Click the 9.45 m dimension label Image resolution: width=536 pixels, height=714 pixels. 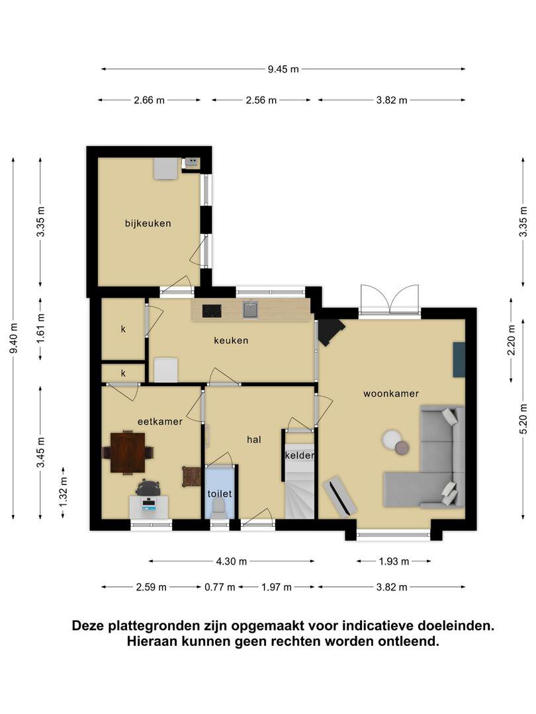pyautogui.click(x=283, y=69)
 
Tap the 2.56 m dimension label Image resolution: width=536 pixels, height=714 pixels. pyautogui.click(x=261, y=100)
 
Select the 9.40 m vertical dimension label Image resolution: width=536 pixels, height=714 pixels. pyautogui.click(x=14, y=338)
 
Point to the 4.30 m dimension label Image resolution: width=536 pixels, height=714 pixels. pyautogui.click(x=232, y=561)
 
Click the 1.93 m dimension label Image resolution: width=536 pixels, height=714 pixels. pyautogui.click(x=394, y=561)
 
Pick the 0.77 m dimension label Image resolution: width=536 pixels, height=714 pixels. pyautogui.click(x=220, y=587)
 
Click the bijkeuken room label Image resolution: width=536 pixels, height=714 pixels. pyautogui.click(x=148, y=223)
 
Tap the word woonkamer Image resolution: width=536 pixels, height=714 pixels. pyautogui.click(x=391, y=393)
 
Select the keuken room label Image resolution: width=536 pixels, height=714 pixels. pyautogui.click(x=231, y=340)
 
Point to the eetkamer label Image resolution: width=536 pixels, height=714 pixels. pyautogui.click(x=160, y=422)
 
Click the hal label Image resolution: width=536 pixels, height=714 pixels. pyautogui.click(x=254, y=440)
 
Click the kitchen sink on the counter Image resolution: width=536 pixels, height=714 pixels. pyautogui.click(x=250, y=309)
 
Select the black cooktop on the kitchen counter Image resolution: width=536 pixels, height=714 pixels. pyautogui.click(x=212, y=311)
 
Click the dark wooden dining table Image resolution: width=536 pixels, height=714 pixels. pyautogui.click(x=128, y=453)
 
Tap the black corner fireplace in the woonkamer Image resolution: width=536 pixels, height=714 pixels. pyautogui.click(x=330, y=332)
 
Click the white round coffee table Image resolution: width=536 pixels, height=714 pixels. pyautogui.click(x=392, y=439)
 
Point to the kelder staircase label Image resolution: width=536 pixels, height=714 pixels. pyautogui.click(x=300, y=456)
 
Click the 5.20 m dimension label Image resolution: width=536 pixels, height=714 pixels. pyautogui.click(x=523, y=419)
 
